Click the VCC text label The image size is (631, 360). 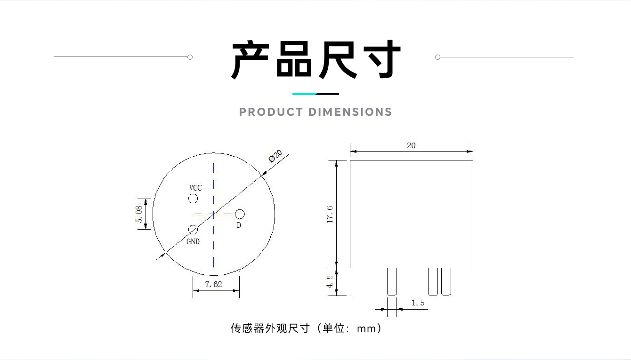tap(195, 188)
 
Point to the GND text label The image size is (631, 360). tap(193, 241)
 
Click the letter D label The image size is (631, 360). tap(239, 225)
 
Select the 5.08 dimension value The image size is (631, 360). tap(139, 214)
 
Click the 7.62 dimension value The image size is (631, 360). tap(213, 284)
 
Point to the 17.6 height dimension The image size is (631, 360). tap(330, 215)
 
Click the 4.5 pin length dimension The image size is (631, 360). tap(330, 281)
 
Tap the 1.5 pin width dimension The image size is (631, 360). tap(418, 303)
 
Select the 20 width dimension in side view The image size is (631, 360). tap(411, 145)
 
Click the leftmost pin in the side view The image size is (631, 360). tap(392, 282)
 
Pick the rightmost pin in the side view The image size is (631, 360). tap(446, 282)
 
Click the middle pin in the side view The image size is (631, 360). tap(433, 282)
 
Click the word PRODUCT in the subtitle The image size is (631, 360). tap(271, 112)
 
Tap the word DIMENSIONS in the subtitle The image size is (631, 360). tap(350, 112)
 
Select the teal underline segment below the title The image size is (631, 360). tap(304, 94)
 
